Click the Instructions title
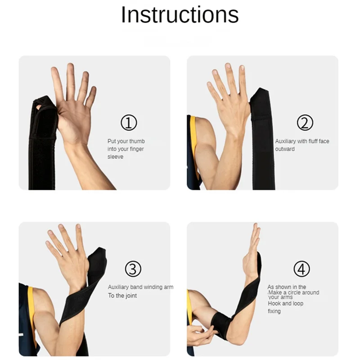(x=180, y=15)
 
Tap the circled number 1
(x=129, y=122)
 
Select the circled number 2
(x=305, y=122)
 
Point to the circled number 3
(x=133, y=269)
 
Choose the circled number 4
(x=301, y=269)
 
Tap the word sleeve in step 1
(x=115, y=157)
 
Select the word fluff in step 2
(x=310, y=141)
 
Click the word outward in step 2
(x=285, y=149)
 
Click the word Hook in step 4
(x=274, y=303)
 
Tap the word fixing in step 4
(x=274, y=311)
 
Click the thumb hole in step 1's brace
(x=39, y=107)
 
